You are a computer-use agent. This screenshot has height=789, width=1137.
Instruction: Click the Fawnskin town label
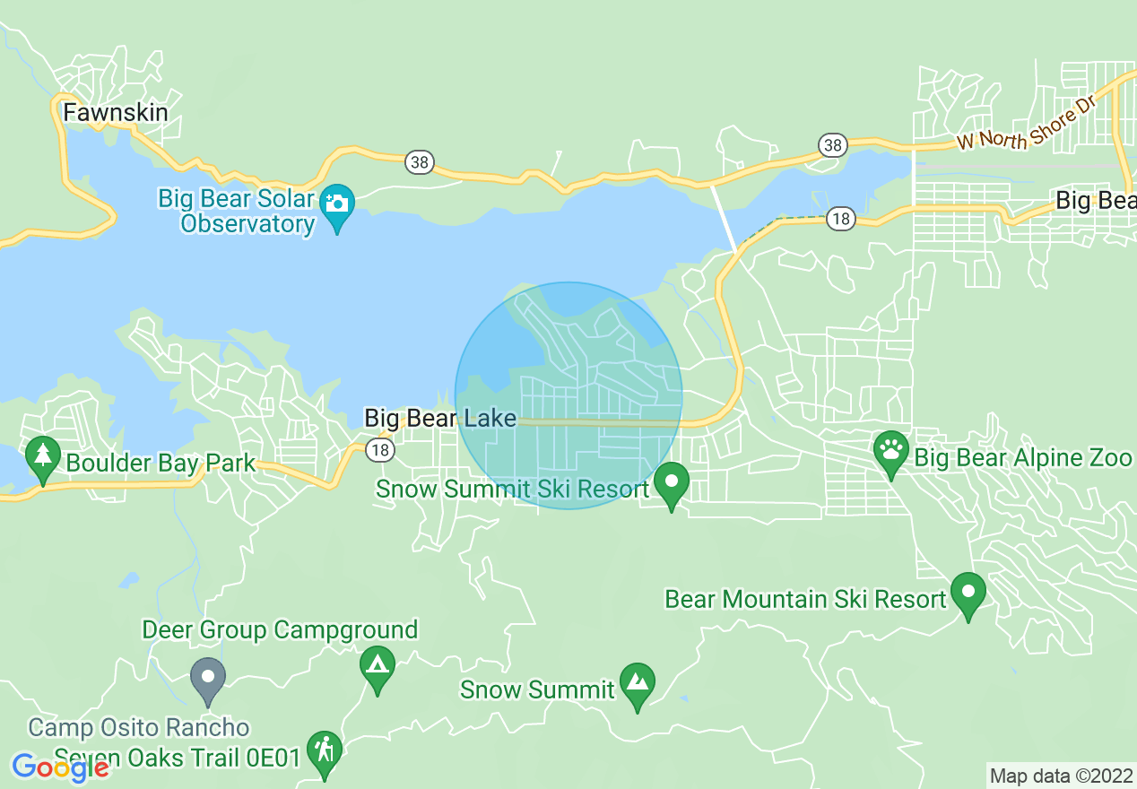(x=115, y=112)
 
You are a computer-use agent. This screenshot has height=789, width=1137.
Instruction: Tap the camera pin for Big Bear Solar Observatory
(x=337, y=204)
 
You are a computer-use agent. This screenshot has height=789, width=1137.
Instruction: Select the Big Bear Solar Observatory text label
(x=237, y=211)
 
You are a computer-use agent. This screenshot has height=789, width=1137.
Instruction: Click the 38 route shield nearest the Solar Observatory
(x=418, y=162)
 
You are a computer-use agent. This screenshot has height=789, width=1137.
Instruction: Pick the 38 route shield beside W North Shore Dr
(x=832, y=144)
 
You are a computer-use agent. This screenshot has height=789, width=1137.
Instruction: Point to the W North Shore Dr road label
(x=1027, y=126)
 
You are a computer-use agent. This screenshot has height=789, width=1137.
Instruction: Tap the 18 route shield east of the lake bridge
(x=840, y=219)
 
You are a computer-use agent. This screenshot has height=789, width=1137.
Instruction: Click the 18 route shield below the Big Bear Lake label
(x=381, y=450)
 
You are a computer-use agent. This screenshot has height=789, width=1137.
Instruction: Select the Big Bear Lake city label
(x=439, y=418)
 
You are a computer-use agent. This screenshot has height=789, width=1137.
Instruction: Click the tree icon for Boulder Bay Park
(x=42, y=453)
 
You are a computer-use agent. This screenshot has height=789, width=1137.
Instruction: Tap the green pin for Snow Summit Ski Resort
(x=671, y=482)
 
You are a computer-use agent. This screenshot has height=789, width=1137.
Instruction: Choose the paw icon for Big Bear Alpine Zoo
(x=890, y=448)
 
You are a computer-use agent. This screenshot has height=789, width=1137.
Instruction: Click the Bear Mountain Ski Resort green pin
(x=968, y=593)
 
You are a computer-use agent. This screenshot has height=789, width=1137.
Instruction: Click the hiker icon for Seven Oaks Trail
(x=324, y=751)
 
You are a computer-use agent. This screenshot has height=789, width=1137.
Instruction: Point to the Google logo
(x=61, y=767)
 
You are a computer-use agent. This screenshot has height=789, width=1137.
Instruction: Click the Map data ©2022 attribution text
(x=1061, y=776)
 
